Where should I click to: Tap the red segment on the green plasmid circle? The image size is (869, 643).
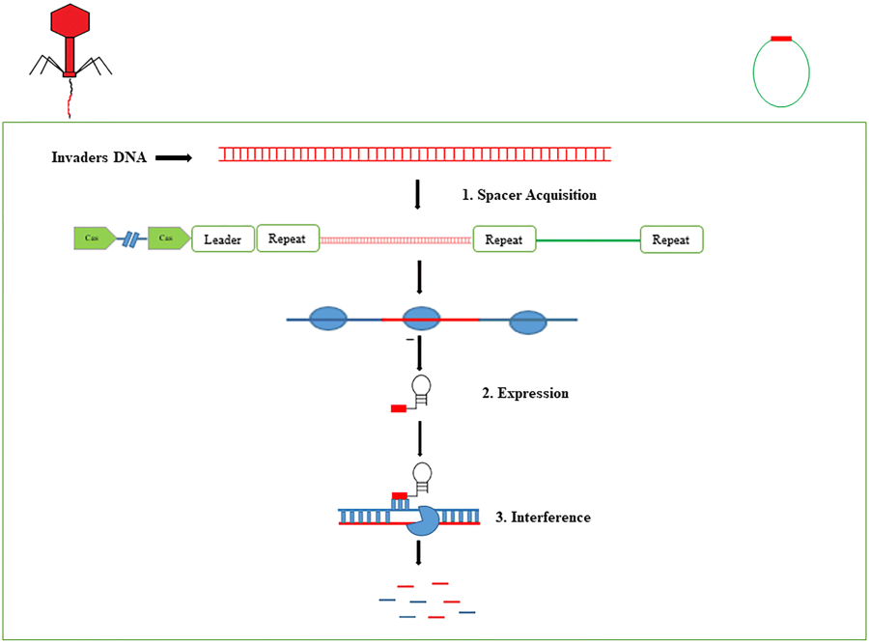click(781, 39)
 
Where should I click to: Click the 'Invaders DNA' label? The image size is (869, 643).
click(98, 156)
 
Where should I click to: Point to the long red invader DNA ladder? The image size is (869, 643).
click(414, 154)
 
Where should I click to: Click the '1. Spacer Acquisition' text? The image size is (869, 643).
click(528, 195)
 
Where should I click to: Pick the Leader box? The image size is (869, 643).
click(223, 238)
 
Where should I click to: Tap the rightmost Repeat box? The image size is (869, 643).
click(671, 238)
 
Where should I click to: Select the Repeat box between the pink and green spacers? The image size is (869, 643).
click(504, 238)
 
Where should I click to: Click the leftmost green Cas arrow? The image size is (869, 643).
click(94, 238)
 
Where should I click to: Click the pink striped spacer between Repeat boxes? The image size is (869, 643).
click(396, 239)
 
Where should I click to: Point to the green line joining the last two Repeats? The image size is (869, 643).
click(588, 239)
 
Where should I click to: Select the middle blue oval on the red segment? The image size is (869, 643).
click(421, 319)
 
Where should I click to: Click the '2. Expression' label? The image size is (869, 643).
click(524, 394)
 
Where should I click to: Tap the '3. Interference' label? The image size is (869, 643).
click(543, 517)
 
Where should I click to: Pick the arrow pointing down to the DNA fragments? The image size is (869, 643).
click(418, 553)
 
